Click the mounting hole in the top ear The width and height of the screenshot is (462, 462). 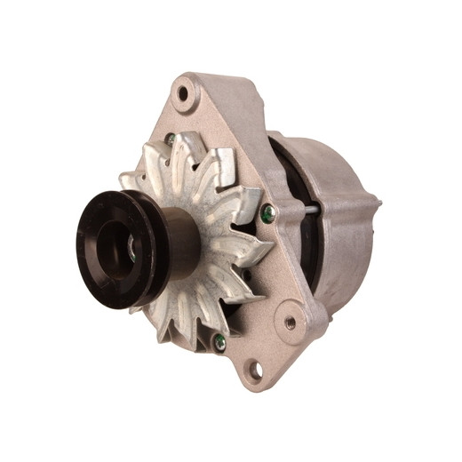coord(184,92)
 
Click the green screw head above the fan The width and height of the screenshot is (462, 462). coord(170,139)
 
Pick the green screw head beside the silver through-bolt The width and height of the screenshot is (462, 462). coord(267,212)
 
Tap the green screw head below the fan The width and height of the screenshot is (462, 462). coord(219,340)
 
